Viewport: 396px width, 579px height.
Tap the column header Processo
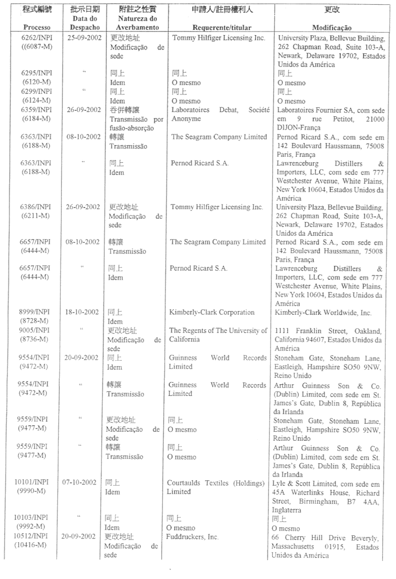coord(36,27)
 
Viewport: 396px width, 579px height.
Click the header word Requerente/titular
coord(218,27)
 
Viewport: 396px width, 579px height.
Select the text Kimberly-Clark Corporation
coord(212,312)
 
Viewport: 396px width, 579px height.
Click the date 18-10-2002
coord(83,312)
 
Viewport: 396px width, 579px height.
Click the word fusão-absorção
coord(131,128)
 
